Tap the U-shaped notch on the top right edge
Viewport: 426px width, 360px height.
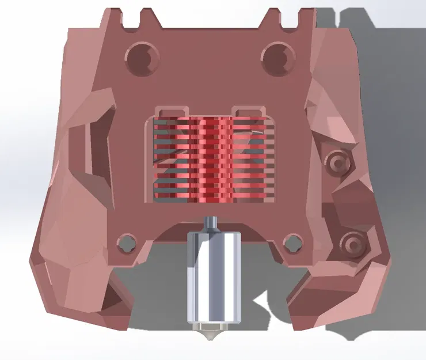pyautogui.click(x=290, y=17)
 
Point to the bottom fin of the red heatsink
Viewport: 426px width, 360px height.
pyautogui.click(x=211, y=199)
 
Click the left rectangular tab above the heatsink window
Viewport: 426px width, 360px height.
pyautogui.click(x=173, y=110)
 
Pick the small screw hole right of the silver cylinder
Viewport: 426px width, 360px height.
pyautogui.click(x=293, y=241)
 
